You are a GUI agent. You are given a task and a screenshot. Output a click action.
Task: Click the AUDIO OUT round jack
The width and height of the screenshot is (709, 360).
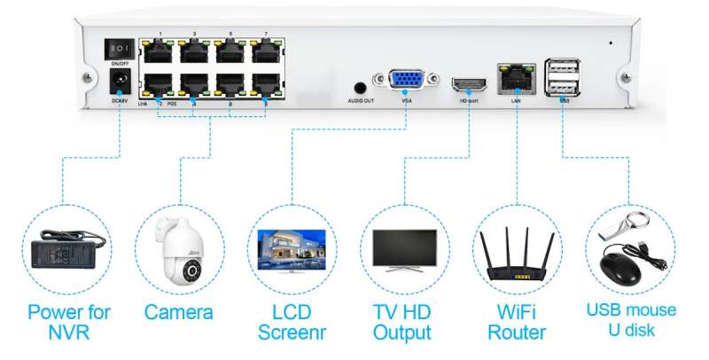tap(361, 89)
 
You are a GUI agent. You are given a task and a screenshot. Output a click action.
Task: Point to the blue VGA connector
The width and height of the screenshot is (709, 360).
tap(406, 82)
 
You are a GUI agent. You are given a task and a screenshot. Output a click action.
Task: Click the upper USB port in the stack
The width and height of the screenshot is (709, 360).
tap(562, 66)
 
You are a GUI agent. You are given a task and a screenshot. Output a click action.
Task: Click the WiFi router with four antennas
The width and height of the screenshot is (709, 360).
tap(517, 249)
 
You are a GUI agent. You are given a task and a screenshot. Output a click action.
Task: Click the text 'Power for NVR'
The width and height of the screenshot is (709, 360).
tap(68, 322)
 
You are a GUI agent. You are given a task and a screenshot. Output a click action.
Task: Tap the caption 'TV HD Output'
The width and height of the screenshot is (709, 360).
tap(402, 322)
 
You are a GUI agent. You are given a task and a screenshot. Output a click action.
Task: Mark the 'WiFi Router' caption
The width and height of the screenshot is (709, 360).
tap(517, 322)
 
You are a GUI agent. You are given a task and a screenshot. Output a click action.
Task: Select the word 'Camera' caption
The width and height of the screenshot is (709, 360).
tap(179, 312)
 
